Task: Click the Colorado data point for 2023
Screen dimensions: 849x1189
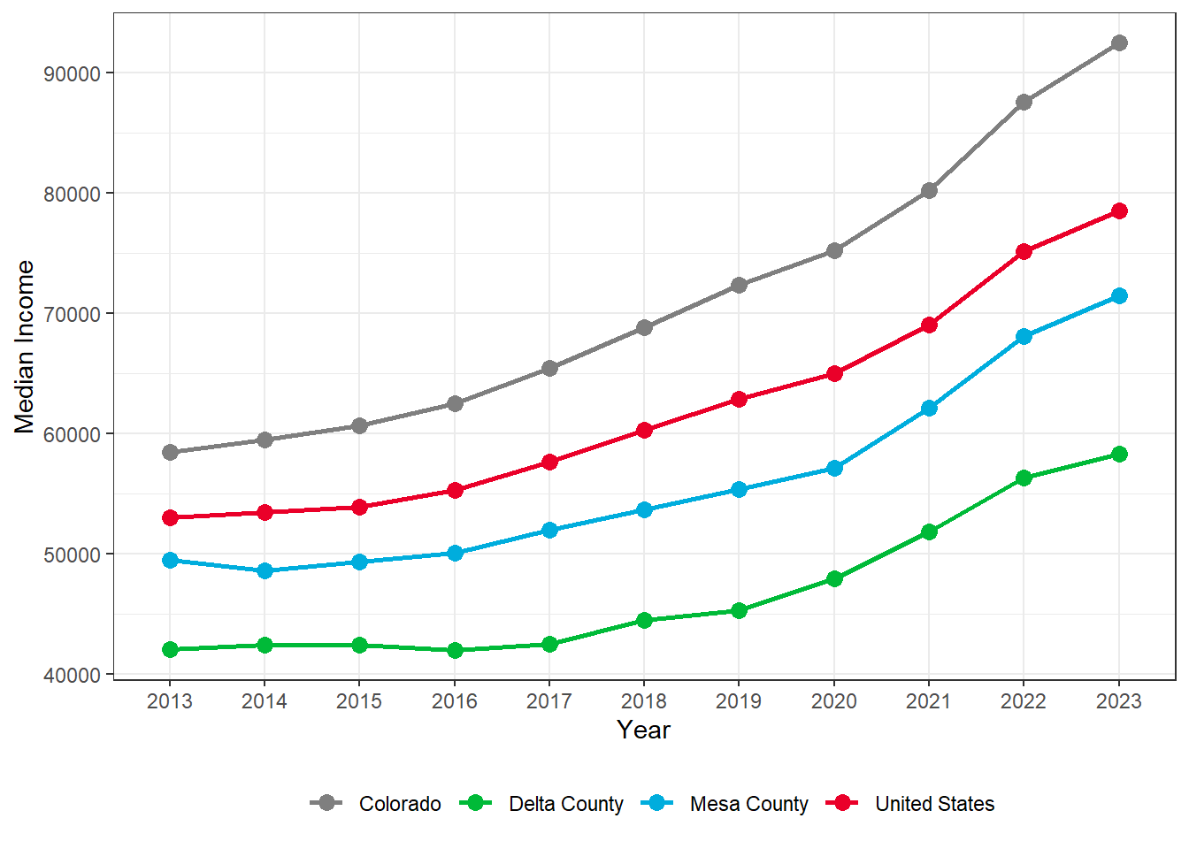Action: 1118,42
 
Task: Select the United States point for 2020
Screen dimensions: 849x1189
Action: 834,373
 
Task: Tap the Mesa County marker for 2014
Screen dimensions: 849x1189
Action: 265,570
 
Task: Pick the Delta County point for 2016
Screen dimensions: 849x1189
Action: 455,650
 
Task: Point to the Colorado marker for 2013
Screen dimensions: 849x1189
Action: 170,452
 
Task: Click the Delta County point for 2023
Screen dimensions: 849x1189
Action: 1118,454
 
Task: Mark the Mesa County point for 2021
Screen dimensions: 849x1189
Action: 929,408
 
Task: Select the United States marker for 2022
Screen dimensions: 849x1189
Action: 1024,251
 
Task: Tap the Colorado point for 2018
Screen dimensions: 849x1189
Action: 644,327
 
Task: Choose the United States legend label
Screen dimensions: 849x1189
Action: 934,804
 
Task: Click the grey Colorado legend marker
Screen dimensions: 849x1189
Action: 327,803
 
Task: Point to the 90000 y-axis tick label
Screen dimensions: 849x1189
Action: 73,73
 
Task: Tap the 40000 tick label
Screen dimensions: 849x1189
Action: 73,675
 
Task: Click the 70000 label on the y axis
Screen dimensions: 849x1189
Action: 73,314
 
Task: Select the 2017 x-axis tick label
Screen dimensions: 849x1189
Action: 549,701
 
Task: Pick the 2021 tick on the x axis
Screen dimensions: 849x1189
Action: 929,701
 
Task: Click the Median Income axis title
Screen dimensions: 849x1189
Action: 25,347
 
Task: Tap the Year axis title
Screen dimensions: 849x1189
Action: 644,730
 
